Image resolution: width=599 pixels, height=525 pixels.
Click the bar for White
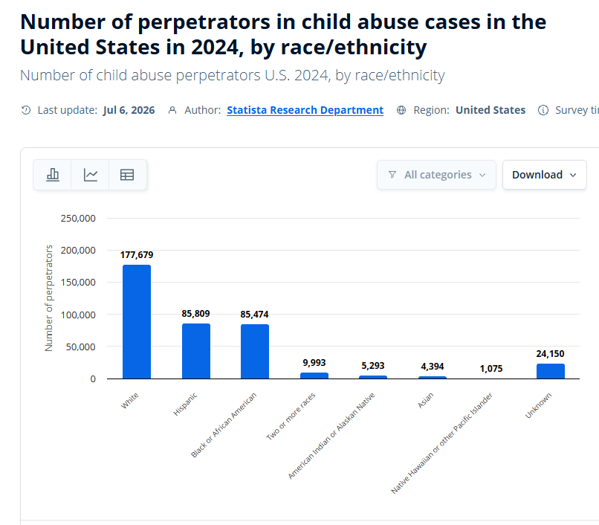pos(137,321)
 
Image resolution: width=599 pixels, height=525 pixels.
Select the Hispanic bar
pos(196,351)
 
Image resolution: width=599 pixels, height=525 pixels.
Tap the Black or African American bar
pos(255,352)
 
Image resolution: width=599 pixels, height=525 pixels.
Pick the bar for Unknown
pos(551,371)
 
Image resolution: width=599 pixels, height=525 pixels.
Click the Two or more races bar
pos(314,376)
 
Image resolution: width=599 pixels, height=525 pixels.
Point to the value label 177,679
pos(137,255)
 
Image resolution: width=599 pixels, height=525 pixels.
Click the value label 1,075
pos(491,369)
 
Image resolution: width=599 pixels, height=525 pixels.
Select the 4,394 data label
pos(433,367)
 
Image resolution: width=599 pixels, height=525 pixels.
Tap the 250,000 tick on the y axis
pos(78,219)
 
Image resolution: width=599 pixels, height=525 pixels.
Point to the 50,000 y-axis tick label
pos(80,347)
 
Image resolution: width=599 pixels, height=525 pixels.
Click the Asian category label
pos(426,400)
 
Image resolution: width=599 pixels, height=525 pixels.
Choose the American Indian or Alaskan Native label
pos(331,436)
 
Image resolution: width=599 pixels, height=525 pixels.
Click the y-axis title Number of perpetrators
pos(48,298)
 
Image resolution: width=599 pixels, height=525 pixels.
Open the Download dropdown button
pos(544,175)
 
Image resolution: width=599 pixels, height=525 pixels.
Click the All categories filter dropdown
pos(437,175)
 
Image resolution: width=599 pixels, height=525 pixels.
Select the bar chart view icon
pos(53,175)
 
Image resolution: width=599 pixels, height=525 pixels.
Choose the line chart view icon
pos(91,175)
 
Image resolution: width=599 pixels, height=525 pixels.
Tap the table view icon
pos(127,175)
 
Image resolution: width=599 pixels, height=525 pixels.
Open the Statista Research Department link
pos(305,110)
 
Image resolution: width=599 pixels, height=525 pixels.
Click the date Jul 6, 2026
pos(129,110)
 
